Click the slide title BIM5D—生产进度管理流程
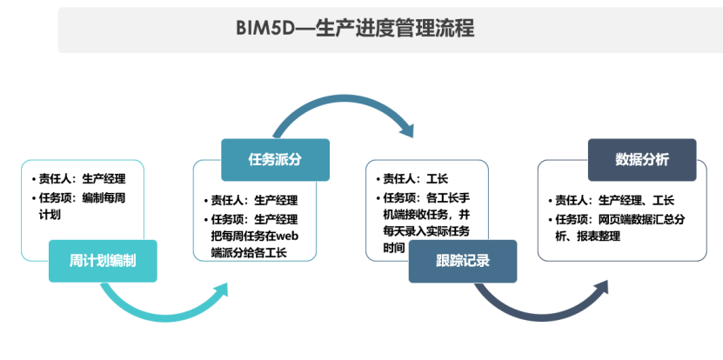(354, 29)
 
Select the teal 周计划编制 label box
(103, 260)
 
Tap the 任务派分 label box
(275, 159)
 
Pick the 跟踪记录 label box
(463, 260)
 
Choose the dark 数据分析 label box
(642, 159)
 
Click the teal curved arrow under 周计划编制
(165, 306)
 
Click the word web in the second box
(287, 236)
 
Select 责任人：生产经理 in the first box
(84, 179)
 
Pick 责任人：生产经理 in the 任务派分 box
(254, 199)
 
